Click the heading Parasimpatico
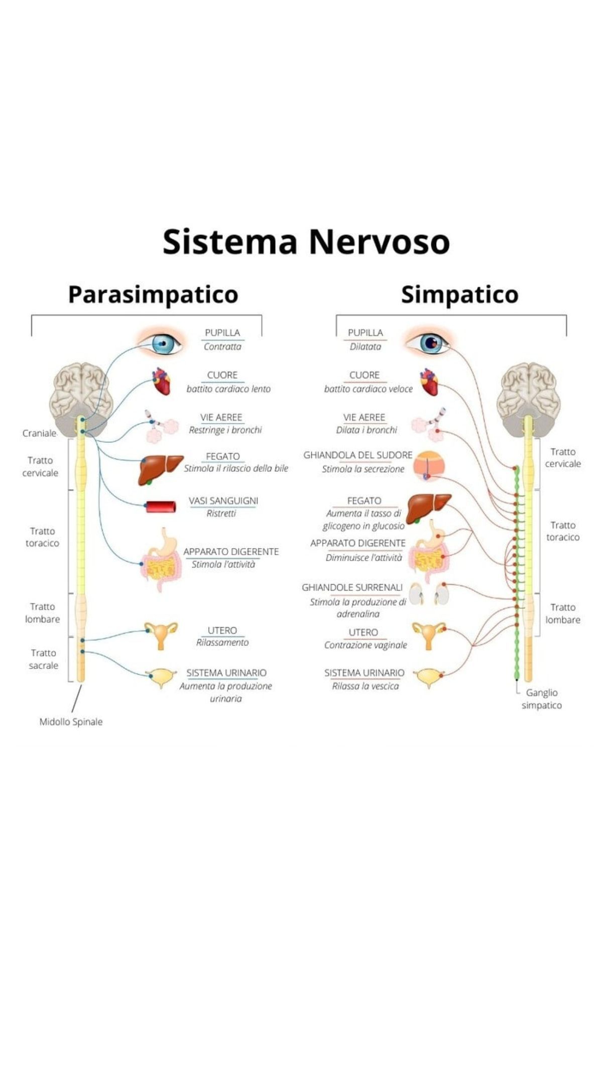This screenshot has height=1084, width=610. tap(153, 295)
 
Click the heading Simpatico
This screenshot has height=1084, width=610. tap(459, 295)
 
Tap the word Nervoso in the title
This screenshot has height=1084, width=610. tap(379, 242)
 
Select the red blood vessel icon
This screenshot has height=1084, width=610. tap(161, 507)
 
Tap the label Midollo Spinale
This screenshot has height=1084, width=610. tap(71, 722)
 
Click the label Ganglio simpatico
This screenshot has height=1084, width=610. tap(542, 699)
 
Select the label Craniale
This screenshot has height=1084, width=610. tap(39, 433)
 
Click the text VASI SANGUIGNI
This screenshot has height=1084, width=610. tap(223, 500)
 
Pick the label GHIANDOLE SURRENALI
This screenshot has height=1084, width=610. tap(352, 587)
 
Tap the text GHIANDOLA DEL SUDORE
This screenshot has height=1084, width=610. tap(357, 455)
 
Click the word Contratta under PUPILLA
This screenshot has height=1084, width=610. tap(222, 346)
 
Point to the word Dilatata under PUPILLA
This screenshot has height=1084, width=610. tap(365, 346)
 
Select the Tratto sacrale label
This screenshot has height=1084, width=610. tap(43, 659)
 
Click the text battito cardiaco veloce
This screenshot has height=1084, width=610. tap(368, 389)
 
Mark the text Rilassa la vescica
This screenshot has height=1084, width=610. tap(365, 686)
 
